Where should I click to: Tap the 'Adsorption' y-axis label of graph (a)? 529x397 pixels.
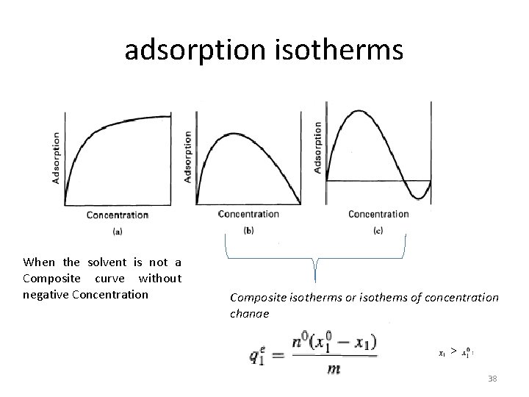pos(57,159)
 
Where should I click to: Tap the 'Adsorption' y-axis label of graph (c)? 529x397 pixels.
pos(318,148)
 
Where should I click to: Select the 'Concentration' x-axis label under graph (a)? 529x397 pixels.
pos(118,215)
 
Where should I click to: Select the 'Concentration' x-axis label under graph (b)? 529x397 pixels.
pos(248,215)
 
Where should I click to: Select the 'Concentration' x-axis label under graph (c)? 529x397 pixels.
pos(378,215)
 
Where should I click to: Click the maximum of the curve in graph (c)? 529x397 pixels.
pos(358,111)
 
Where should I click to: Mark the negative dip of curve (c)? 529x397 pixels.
pos(417,198)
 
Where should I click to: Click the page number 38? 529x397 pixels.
pos(492,379)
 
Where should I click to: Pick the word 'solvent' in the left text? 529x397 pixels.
pos(107,262)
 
